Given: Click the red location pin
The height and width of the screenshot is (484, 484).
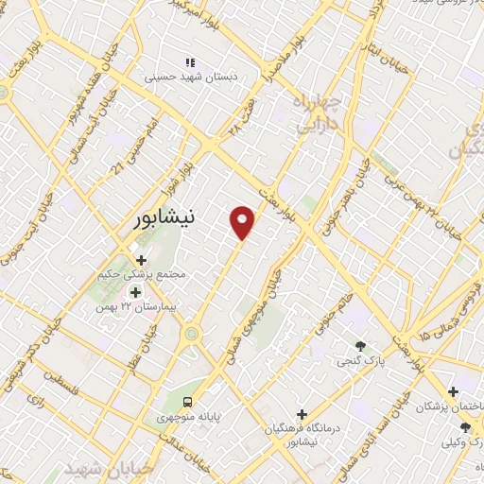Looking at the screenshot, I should [244, 221].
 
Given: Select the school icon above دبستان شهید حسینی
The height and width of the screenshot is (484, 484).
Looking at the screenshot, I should [189, 62].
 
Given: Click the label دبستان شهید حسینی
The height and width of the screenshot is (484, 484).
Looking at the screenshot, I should [189, 78].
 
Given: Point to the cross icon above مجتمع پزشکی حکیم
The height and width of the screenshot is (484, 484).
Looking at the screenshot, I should [141, 260].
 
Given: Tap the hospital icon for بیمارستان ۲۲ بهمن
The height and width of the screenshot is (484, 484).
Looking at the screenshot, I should [134, 292].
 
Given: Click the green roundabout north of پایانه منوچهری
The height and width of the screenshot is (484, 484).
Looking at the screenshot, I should [193, 333].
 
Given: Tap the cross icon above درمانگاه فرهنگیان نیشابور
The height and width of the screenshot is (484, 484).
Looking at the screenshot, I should [302, 413].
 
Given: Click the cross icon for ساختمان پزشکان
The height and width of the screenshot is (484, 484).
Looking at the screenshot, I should [454, 391].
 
